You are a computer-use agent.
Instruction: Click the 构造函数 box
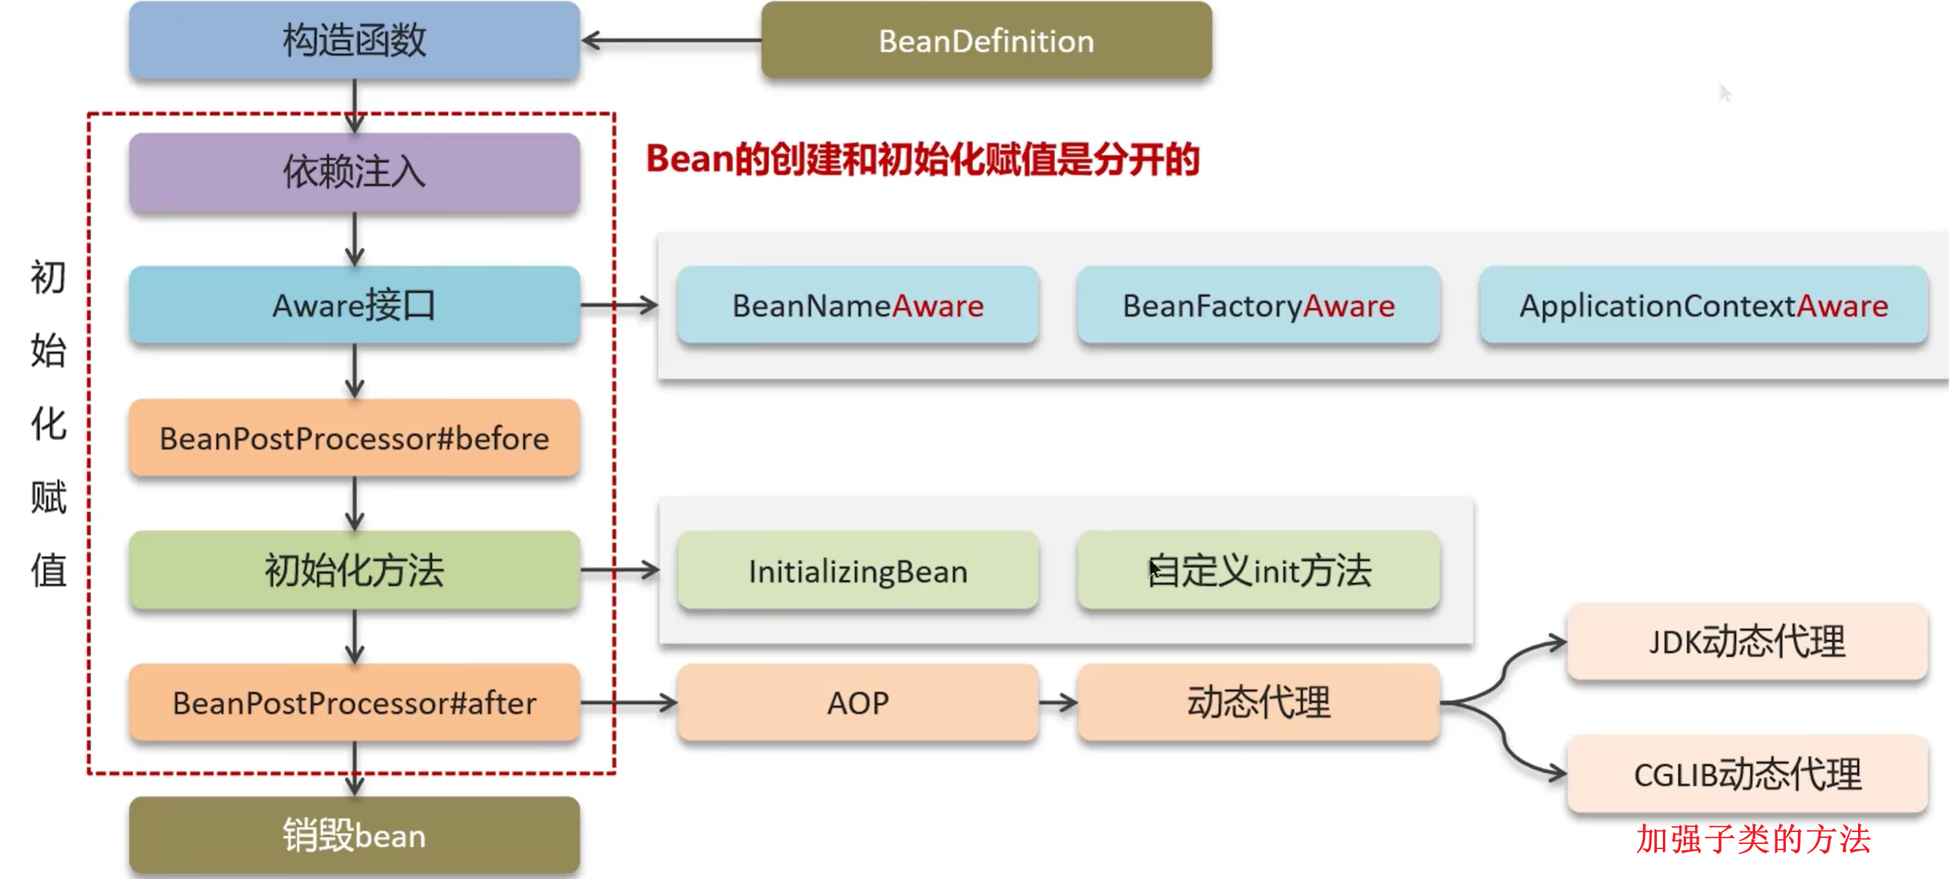point(354,41)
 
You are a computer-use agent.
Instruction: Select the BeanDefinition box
point(986,41)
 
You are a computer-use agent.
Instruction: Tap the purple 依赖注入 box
point(354,173)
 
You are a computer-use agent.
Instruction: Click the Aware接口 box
point(354,305)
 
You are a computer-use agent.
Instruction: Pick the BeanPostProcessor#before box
point(354,439)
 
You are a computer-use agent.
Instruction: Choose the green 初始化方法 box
point(354,571)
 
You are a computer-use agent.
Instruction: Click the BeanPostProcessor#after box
point(354,703)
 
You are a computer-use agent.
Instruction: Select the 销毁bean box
point(354,836)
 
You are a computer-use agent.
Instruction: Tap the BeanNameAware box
point(858,305)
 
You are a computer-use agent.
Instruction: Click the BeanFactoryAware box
point(1258,305)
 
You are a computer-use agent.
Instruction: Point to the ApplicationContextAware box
point(1703,305)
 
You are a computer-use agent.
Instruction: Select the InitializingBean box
point(858,571)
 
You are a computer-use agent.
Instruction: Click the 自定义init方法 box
point(1258,571)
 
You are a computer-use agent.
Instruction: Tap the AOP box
point(858,703)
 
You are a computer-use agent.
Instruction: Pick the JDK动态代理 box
point(1747,642)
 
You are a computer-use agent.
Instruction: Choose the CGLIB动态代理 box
point(1747,775)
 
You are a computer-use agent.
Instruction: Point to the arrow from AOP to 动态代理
point(1058,703)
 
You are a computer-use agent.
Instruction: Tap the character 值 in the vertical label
point(48,571)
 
